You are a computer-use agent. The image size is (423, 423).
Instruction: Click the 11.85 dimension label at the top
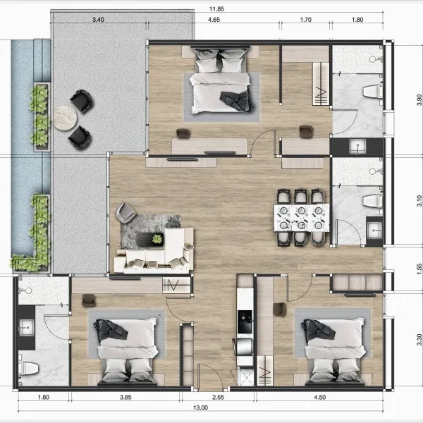[x=216, y=9]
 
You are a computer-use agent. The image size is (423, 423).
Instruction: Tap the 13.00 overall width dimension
[x=200, y=407]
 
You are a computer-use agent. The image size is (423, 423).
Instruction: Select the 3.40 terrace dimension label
[x=98, y=20]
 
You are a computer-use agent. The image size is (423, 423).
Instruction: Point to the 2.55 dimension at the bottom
[x=218, y=397]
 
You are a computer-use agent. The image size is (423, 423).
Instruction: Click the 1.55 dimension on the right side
[x=419, y=269]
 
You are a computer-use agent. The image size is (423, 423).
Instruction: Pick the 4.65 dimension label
[x=214, y=20]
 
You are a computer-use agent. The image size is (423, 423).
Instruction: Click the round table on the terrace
[x=66, y=118]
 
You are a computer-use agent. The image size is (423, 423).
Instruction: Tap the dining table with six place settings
[x=302, y=218]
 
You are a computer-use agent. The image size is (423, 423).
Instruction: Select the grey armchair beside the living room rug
[x=125, y=213]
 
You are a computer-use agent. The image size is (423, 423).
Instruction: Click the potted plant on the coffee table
[x=157, y=239]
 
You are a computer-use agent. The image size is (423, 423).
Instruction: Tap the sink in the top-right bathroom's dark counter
[x=357, y=147]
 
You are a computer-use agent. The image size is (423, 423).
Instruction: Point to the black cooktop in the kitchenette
[x=245, y=321]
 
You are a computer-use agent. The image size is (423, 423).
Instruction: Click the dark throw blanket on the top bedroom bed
[x=237, y=101]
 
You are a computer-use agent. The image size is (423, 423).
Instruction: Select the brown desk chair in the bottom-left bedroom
[x=89, y=300]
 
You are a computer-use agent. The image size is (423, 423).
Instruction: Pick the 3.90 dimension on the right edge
[x=419, y=100]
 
